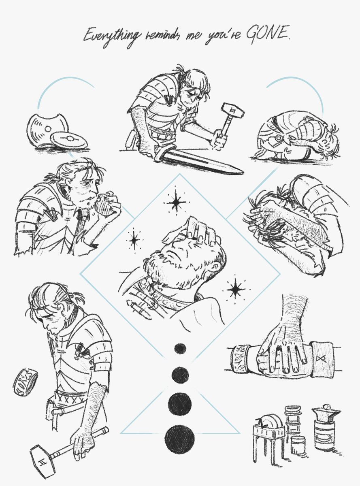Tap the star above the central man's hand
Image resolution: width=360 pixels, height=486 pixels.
[175, 202]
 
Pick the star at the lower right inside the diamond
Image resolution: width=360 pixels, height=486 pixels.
[235, 289]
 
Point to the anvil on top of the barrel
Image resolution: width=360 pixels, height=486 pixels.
[326, 413]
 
